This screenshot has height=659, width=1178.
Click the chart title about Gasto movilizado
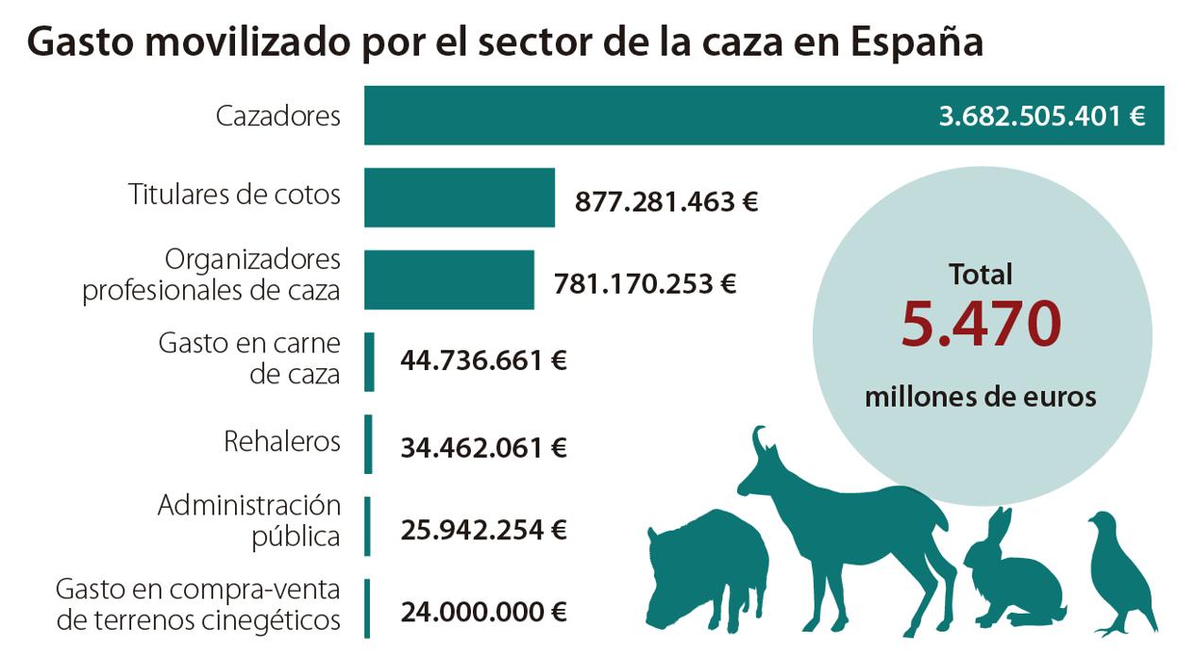click(505, 42)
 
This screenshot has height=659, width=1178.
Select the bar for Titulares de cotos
click(459, 197)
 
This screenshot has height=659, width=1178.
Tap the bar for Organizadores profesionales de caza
click(448, 279)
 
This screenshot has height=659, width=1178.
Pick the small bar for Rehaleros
click(369, 444)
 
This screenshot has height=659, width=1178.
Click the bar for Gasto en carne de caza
click(369, 362)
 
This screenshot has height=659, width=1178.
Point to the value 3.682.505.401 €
click(1041, 116)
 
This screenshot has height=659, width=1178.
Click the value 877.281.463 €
click(666, 201)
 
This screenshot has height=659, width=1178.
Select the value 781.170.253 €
click(645, 283)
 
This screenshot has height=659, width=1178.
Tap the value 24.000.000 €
click(483, 612)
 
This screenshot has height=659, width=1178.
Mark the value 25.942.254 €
click(483, 530)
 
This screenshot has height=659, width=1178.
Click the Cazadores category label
click(278, 116)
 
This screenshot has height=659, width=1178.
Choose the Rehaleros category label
click(281, 441)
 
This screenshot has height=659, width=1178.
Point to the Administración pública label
click(249, 520)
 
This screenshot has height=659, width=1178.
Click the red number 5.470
click(981, 324)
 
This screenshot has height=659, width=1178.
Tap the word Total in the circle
click(981, 275)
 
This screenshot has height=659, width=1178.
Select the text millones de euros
click(981, 397)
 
